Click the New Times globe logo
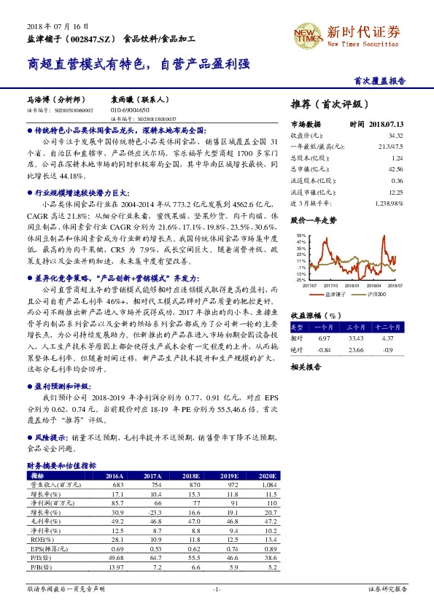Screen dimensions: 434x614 click(x=304, y=32)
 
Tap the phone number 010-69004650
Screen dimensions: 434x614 click(x=128, y=109)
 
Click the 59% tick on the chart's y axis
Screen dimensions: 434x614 click(x=300, y=236)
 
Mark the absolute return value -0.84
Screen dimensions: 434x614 click(x=323, y=350)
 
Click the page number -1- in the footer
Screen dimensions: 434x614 click(x=217, y=588)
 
